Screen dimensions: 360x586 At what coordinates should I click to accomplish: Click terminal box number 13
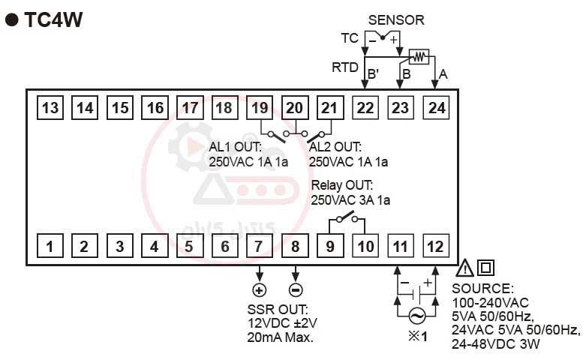point(50,108)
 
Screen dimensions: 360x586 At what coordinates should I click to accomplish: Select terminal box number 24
point(436,108)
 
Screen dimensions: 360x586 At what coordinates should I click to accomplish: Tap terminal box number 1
point(50,245)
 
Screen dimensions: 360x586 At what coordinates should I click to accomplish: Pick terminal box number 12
point(435,245)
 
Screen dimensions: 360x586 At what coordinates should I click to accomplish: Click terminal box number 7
point(260,245)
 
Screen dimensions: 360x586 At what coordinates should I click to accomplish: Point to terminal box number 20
point(295,108)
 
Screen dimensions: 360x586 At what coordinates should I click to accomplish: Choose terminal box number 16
point(155,108)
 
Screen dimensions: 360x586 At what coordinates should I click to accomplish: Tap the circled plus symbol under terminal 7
point(260,290)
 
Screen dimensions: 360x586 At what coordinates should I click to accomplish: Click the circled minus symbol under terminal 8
point(295,290)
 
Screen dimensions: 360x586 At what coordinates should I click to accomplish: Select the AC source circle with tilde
point(416,316)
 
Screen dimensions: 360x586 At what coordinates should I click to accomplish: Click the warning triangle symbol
point(464,268)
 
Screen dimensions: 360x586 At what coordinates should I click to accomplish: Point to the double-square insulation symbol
point(485,267)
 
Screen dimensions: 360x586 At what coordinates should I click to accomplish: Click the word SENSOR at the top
point(395,20)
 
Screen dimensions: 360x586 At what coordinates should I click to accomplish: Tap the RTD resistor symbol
point(419,56)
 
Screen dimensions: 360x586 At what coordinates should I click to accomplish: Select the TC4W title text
point(53,20)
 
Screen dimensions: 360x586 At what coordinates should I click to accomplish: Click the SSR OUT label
point(277,309)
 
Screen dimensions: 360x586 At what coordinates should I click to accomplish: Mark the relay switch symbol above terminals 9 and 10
point(345,219)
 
